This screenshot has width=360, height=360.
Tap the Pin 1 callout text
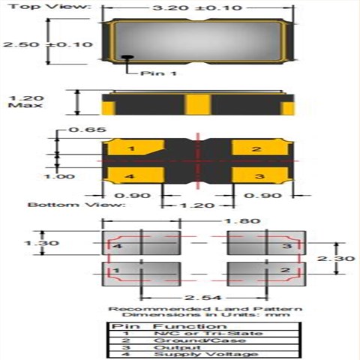point(159,73)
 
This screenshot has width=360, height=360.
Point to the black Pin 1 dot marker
point(127,57)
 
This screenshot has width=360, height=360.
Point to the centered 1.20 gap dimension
point(196,204)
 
